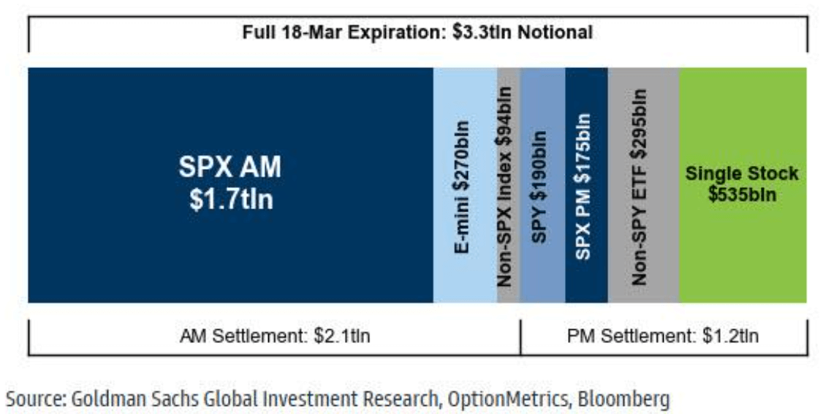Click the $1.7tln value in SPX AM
pyautogui.click(x=230, y=199)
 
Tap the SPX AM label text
pyautogui.click(x=230, y=168)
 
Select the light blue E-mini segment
pyautogui.click(x=464, y=185)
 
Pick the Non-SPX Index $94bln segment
pyautogui.click(x=508, y=185)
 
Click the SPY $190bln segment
pyautogui.click(x=542, y=185)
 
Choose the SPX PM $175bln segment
pyautogui.click(x=586, y=185)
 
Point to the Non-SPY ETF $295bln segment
pyautogui.click(x=643, y=185)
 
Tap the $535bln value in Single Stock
pyautogui.click(x=742, y=195)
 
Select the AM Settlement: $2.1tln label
pyautogui.click(x=275, y=336)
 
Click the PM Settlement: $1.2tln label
pyautogui.click(x=663, y=336)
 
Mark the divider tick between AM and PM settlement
pyautogui.click(x=520, y=336)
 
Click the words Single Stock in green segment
pyautogui.click(x=742, y=175)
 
